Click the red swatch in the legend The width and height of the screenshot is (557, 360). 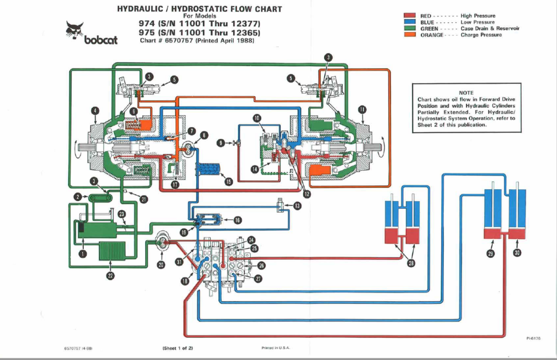tap(410, 15)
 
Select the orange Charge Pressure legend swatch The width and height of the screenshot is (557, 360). tap(410, 34)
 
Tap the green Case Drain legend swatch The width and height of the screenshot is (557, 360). tap(410, 28)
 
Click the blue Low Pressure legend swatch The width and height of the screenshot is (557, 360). tap(410, 22)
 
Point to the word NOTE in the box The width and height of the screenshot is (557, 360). tap(466, 92)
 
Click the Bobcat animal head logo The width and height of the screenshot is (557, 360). tap(74, 30)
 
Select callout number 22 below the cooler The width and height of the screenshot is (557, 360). tap(110, 276)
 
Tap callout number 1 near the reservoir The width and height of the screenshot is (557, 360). tap(83, 253)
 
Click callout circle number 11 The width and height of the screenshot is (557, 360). tap(362, 109)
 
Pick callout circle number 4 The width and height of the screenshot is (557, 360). tap(95, 111)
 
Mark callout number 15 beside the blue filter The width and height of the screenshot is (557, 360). tap(228, 182)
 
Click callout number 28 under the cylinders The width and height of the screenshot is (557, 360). tap(411, 263)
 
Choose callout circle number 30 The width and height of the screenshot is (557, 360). tap(517, 252)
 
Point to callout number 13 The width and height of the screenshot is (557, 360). tap(297, 206)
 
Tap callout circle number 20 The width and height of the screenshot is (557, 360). tap(161, 264)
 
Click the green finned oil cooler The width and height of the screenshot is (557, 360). tap(110, 251)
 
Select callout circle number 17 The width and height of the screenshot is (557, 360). tap(175, 184)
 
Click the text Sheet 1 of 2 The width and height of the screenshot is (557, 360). tap(178, 348)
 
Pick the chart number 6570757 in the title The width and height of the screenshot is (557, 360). tap(178, 40)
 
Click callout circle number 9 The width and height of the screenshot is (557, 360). tap(221, 142)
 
